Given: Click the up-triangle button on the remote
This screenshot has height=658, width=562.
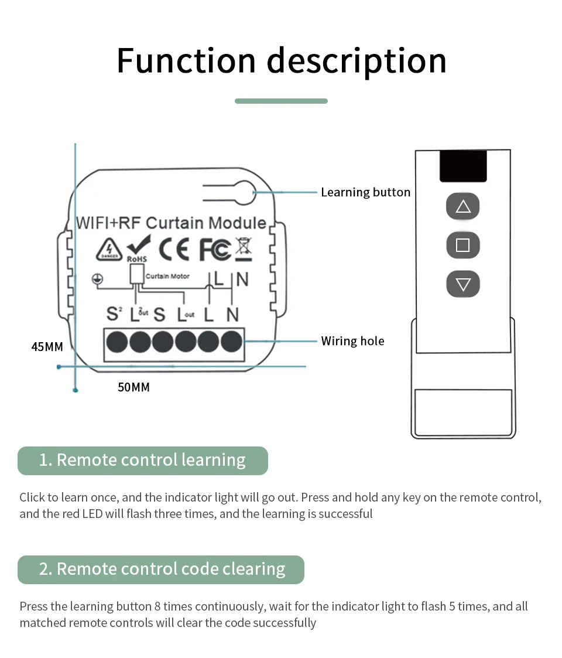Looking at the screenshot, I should (x=463, y=206).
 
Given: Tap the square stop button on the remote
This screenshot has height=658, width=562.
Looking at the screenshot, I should (x=463, y=245).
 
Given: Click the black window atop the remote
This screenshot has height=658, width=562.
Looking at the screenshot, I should (x=463, y=166).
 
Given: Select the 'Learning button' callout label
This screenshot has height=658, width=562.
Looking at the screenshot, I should (x=365, y=192).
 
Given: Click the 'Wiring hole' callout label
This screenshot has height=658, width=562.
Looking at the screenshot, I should (x=352, y=341).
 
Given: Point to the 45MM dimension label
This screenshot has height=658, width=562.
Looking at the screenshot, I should (x=47, y=347).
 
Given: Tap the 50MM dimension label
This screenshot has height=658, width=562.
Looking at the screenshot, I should (x=133, y=387).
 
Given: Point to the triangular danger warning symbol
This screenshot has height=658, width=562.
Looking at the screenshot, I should (x=109, y=250).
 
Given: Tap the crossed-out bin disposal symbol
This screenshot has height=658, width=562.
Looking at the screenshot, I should (x=244, y=248).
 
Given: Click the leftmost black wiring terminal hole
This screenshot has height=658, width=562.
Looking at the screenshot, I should (x=117, y=341).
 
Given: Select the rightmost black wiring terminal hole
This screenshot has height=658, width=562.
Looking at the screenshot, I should (x=232, y=341).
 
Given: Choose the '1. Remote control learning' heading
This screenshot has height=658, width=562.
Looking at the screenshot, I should (x=142, y=461).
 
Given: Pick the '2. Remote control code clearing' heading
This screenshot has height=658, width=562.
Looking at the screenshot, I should (x=161, y=570).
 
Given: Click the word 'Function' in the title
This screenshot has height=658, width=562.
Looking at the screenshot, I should (x=186, y=60).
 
